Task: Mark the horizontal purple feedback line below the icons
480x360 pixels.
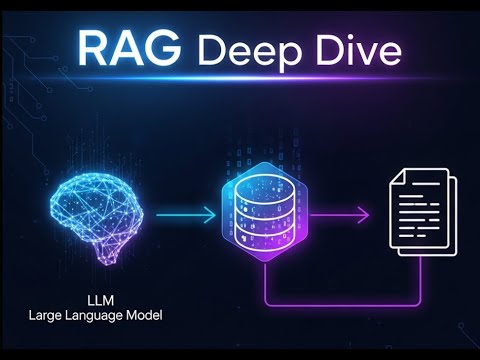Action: pyautogui.click(x=340, y=301)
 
